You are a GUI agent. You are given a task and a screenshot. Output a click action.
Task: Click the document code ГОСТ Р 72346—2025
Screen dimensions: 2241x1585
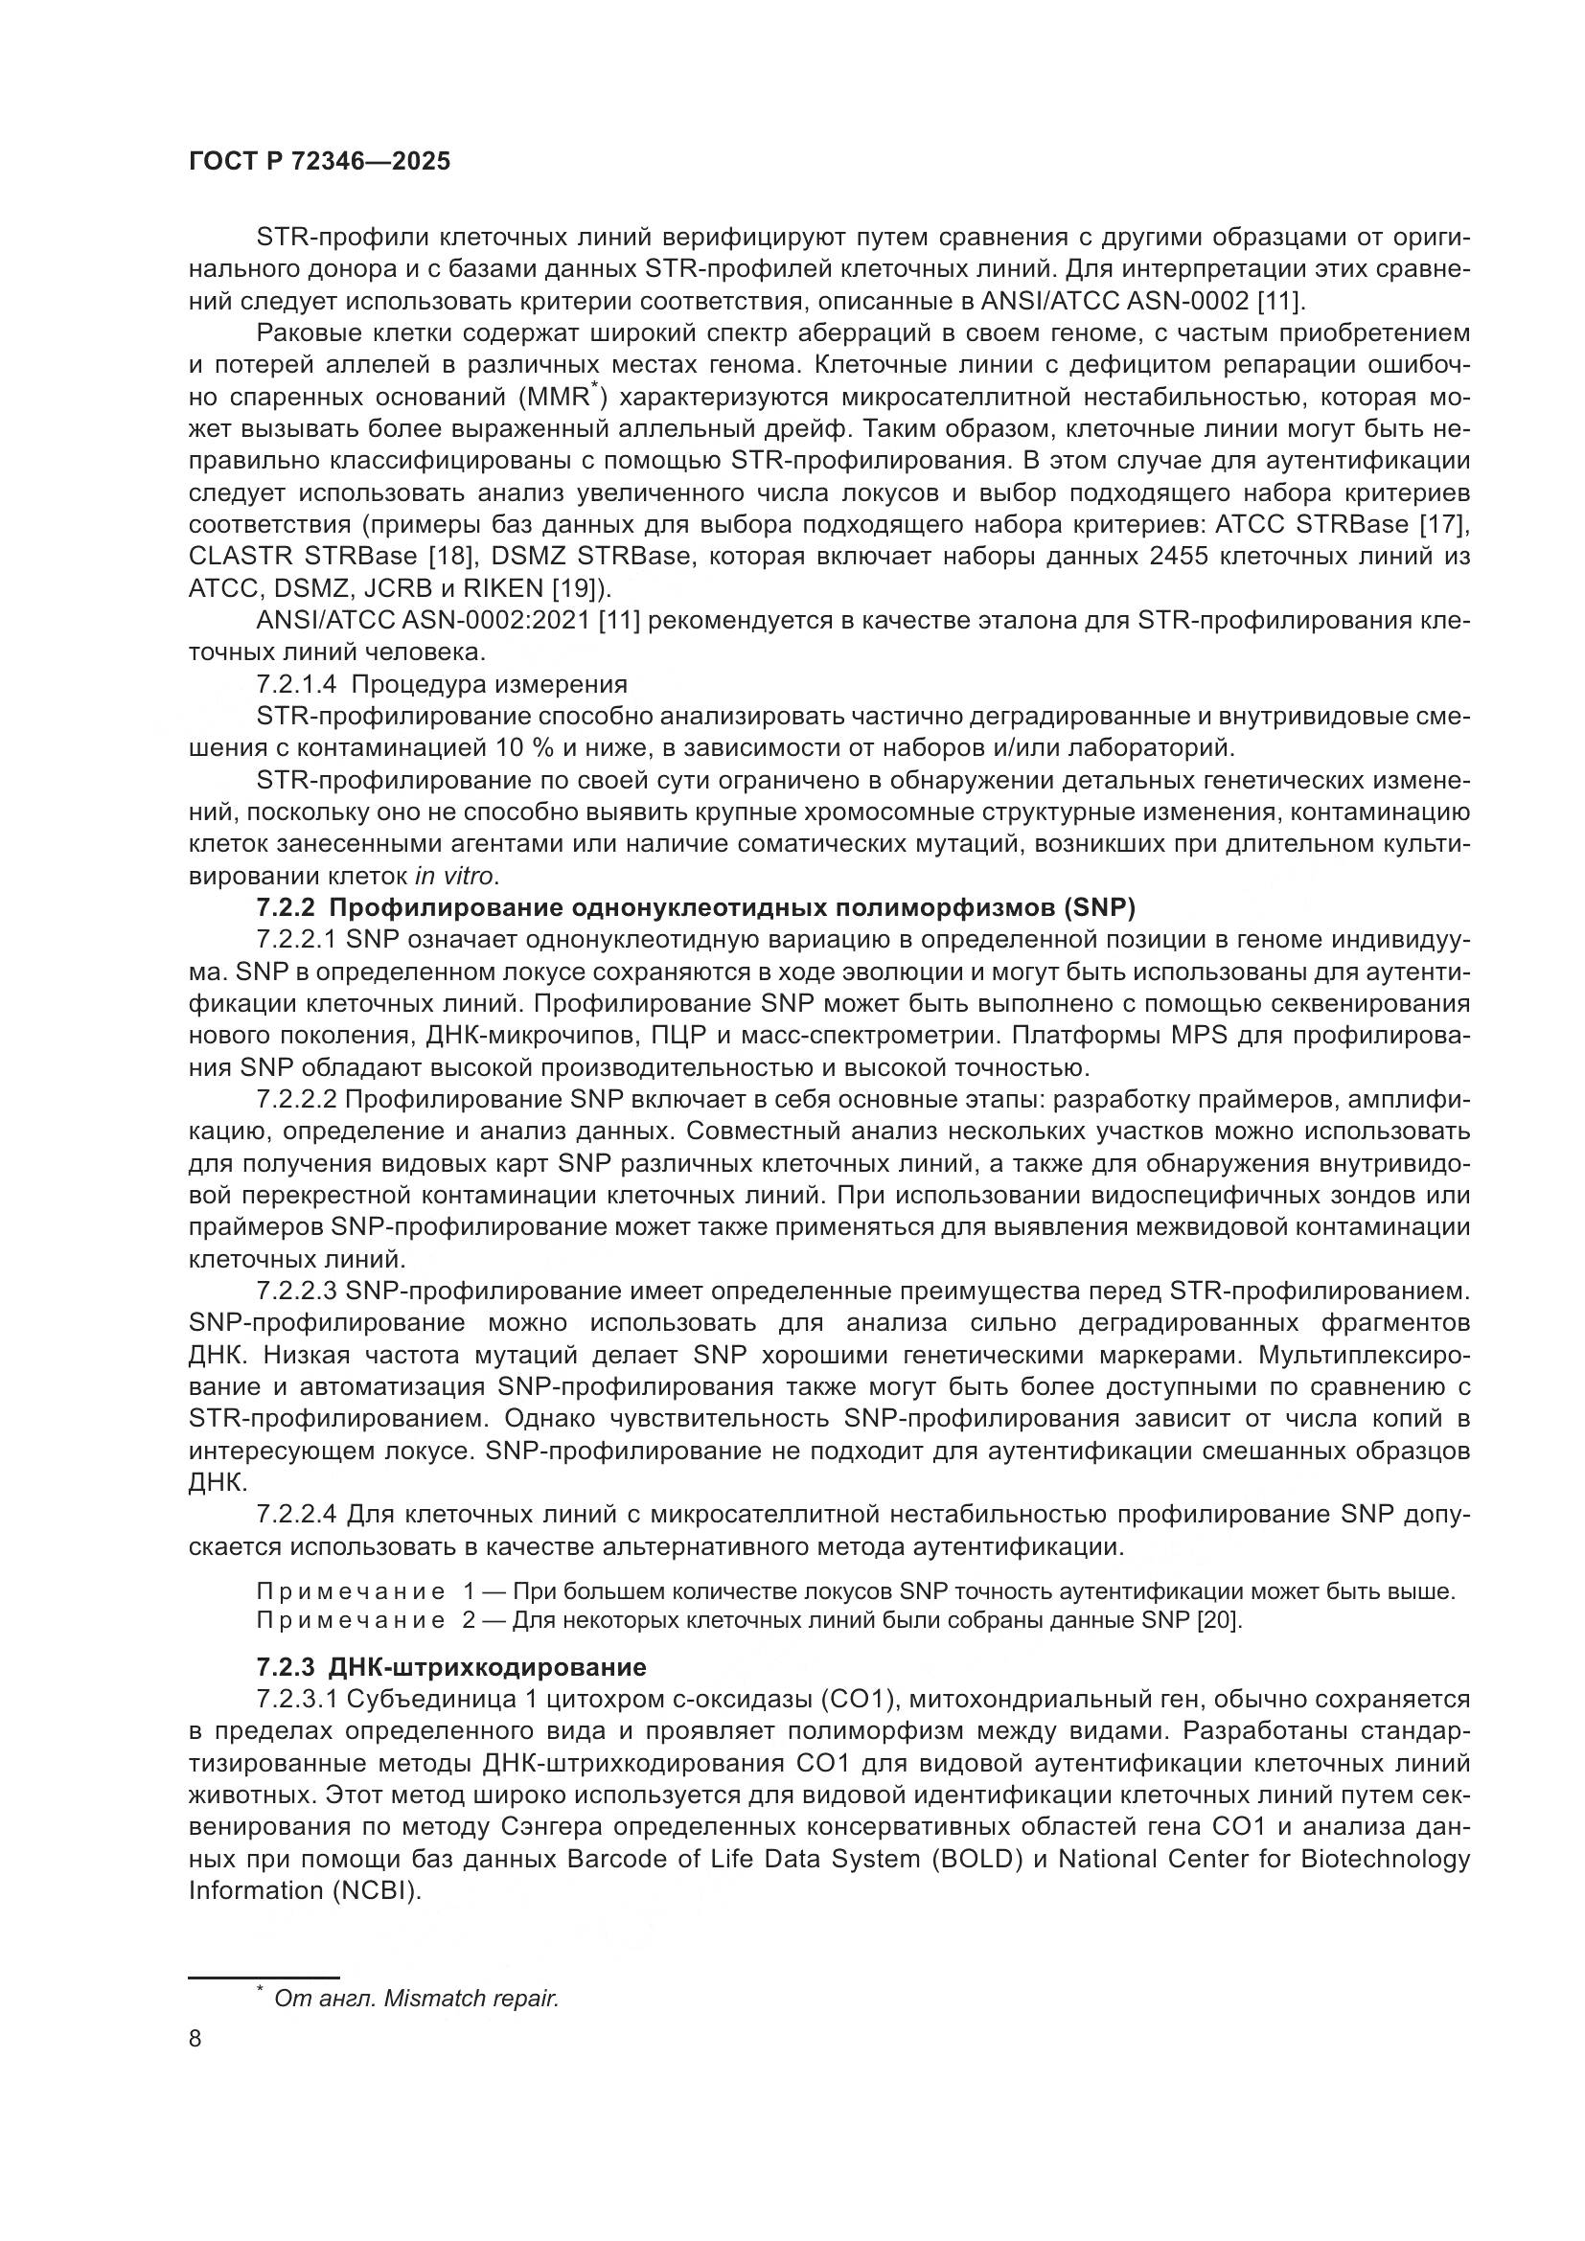319,161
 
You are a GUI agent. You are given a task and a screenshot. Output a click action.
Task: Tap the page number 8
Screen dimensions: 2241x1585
195,2039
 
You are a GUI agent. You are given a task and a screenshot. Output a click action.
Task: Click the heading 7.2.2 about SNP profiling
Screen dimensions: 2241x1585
696,907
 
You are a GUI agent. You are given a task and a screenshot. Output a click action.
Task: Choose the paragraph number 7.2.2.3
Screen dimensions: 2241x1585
297,1292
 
